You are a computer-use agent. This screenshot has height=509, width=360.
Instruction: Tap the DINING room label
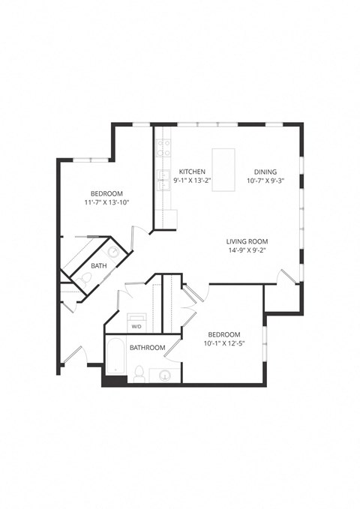pyautogui.click(x=265, y=171)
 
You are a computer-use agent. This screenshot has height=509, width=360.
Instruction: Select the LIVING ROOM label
pyautogui.click(x=247, y=241)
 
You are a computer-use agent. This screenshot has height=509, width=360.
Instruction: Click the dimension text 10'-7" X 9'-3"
pyautogui.click(x=265, y=181)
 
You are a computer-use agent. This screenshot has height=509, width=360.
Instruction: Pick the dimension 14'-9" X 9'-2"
pyautogui.click(x=247, y=251)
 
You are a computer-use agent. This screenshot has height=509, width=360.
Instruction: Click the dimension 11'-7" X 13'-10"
pyautogui.click(x=106, y=202)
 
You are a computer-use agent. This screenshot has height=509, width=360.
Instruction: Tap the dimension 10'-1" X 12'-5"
pyautogui.click(x=224, y=344)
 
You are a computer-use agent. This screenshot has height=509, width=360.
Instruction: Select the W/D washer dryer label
pyautogui.click(x=136, y=327)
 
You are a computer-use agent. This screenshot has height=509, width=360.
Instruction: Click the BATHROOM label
pyautogui.click(x=147, y=348)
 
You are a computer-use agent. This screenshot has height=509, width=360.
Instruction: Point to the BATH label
pyautogui.click(x=98, y=266)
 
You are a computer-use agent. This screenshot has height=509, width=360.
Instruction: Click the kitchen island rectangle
pyautogui.click(x=223, y=169)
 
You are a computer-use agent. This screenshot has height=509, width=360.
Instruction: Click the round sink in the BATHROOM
pyautogui.click(x=165, y=375)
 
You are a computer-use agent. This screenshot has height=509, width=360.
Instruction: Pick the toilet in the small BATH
pyautogui.click(x=86, y=280)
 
